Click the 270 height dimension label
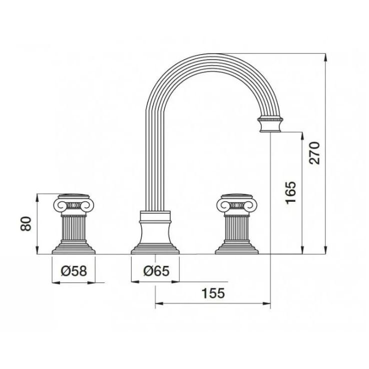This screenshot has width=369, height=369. click(x=315, y=153)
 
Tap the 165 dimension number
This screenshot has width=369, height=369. click(x=290, y=192)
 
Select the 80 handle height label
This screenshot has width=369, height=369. click(x=26, y=224)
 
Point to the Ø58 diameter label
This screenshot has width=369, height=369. click(x=74, y=271)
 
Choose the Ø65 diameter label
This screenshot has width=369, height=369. click(x=156, y=271)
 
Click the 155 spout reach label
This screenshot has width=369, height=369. click(x=213, y=293)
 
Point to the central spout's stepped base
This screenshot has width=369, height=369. click(x=155, y=249)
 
